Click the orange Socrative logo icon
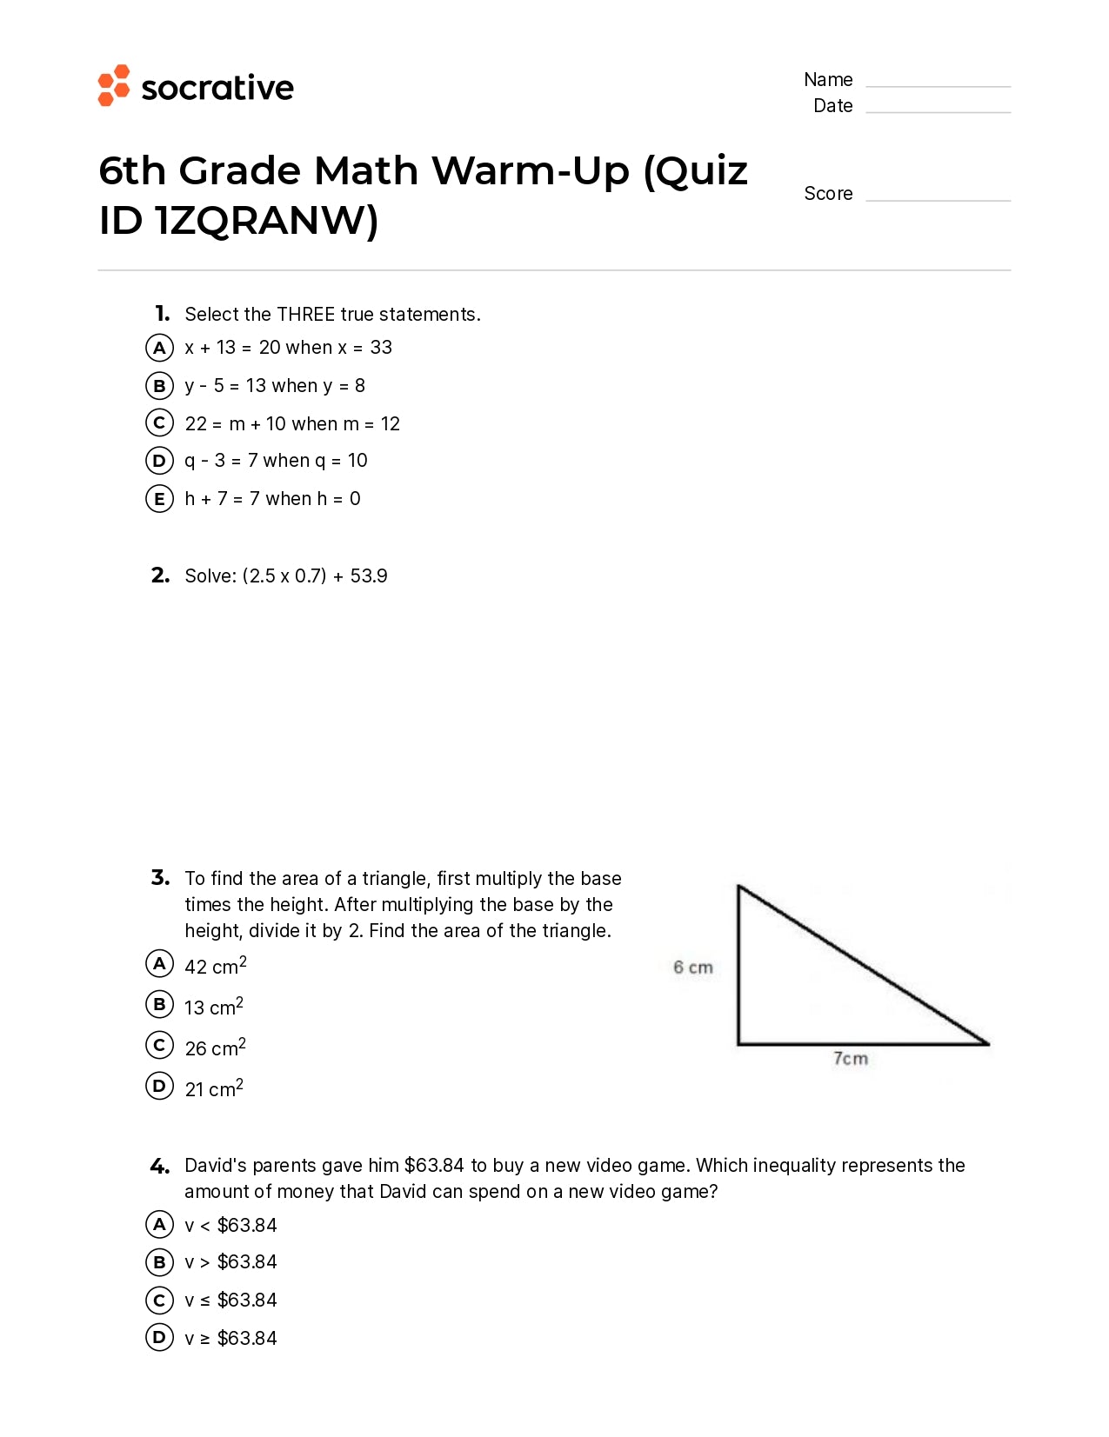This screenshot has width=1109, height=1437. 113,86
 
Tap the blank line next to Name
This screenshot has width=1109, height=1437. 938,85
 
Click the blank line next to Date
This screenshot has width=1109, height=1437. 938,111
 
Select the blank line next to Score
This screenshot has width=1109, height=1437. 938,199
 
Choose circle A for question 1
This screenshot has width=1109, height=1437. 159,348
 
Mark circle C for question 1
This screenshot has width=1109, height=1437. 159,423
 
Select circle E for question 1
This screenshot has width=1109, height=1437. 159,499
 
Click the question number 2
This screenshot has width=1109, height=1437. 160,575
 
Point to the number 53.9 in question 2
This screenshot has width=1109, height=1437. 369,576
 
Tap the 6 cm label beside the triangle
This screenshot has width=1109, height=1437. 692,968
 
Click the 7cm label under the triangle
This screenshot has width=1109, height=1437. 850,1059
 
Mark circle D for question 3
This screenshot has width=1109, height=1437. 159,1086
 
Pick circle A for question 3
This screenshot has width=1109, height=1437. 159,963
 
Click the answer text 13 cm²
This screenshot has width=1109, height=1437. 214,1007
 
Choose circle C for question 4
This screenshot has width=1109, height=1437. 159,1301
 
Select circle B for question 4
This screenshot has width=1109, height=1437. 159,1262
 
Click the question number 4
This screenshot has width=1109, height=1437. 160,1166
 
